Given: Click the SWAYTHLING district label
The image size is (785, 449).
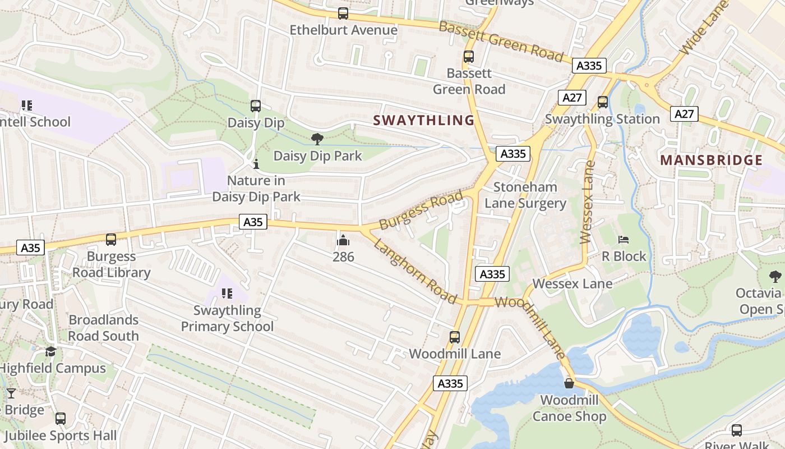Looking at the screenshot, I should coord(424,120).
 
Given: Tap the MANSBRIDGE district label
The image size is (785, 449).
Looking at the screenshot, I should coord(711,161).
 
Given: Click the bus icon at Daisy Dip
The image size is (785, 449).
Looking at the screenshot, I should coord(256,106).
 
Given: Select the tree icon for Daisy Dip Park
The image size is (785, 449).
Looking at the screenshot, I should coord(317,139).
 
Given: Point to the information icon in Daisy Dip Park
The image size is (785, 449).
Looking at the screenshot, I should coord(256,164).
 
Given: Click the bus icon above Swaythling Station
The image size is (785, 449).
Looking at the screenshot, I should coord(603,102).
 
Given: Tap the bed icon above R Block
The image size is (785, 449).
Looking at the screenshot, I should coord(624,240).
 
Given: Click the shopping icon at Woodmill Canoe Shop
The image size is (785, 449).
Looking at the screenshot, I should coord(569,383).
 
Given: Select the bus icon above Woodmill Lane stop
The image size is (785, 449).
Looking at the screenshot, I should coord(455,337).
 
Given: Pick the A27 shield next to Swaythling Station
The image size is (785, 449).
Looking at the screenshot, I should coord(572,98).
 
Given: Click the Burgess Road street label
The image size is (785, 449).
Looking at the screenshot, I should coord(421,210).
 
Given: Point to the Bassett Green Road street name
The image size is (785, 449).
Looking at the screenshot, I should coord(501,41).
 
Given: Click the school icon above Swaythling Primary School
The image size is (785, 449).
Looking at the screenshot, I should coord(227,294).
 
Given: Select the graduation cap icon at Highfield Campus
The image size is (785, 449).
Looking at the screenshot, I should coord(50,352).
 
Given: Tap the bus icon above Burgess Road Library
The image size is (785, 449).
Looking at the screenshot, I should coord(111,240).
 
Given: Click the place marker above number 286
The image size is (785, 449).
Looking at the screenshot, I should coord(343,241).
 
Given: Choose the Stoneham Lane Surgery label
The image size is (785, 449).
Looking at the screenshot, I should coord(525,195).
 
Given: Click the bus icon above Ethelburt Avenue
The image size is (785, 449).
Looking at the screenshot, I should coord(343,13).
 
